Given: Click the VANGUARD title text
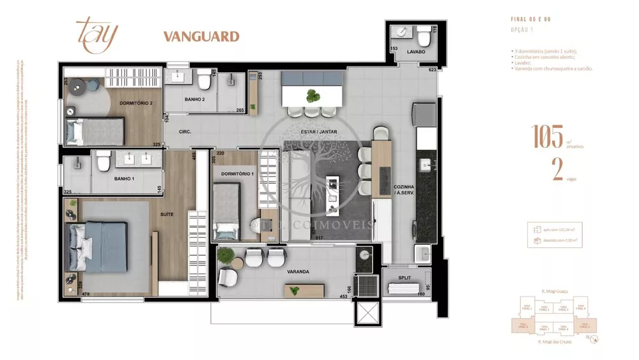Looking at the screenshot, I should point(201,36).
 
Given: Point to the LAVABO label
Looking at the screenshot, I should point(415,51).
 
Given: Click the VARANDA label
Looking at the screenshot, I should point(298,272).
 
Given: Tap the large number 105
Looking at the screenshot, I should point(548,137).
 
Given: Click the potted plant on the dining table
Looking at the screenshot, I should point(313,97).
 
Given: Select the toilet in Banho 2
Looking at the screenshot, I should point(204,81).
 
